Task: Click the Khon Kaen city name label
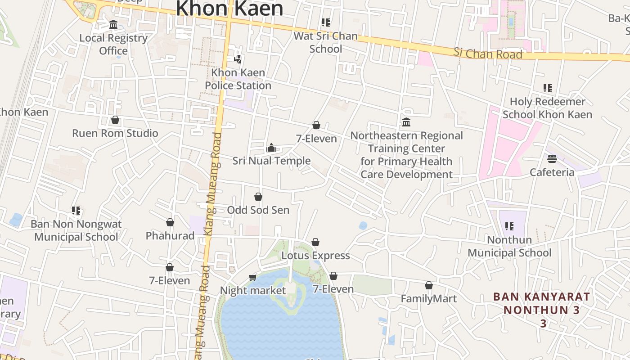pos(229,9)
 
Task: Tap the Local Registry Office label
pos(113,44)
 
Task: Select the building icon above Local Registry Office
pos(113,24)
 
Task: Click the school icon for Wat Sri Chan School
pos(326,22)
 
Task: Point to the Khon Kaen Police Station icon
pos(238,59)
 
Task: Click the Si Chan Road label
pos(488,54)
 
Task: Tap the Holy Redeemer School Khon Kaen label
pos(547,108)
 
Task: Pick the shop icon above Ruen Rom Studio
pos(115,120)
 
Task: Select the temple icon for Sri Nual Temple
pos(271,148)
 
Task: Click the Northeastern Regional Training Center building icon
pos(406,122)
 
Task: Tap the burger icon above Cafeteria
pos(552,159)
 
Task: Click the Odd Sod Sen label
pos(258,210)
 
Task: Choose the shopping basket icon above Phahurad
pos(170,222)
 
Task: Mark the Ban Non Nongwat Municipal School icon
pos(76,211)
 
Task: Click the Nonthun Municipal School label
pos(509,246)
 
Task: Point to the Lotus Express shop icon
pos(315,243)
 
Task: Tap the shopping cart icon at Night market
pos(253,277)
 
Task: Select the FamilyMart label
pos(429,299)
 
